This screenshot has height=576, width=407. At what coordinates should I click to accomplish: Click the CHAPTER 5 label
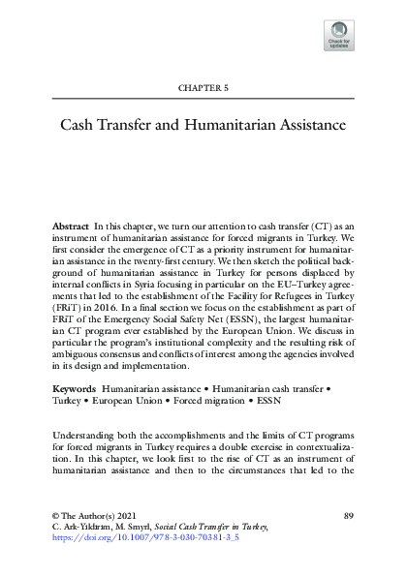click(x=203, y=87)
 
